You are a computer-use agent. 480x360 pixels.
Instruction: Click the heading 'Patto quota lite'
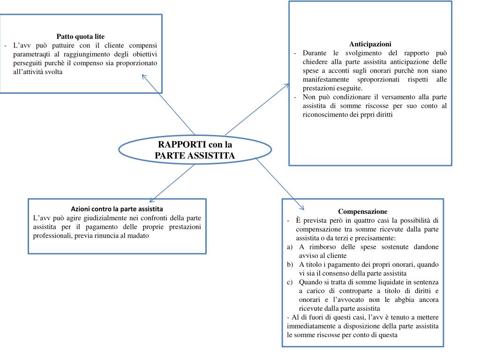[81, 36]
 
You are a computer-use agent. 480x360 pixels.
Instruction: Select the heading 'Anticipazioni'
[370, 44]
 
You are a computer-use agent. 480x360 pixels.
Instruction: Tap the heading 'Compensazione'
[362, 211]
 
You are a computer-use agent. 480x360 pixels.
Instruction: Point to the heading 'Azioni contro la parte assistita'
[117, 209]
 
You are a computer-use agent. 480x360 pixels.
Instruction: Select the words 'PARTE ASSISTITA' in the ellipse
[195, 155]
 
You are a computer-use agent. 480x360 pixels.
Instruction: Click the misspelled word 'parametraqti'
[31, 54]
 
